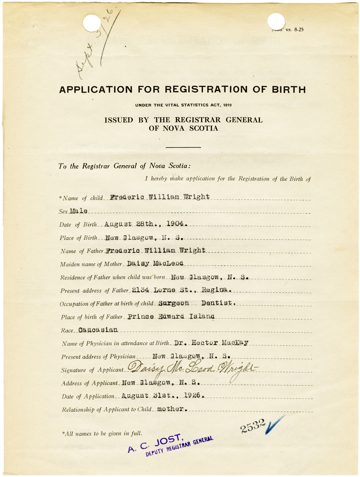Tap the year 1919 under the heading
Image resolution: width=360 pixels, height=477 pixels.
point(227,105)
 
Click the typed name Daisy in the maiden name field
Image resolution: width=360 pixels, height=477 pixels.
point(138,263)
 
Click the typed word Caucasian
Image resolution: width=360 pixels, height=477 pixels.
point(98,330)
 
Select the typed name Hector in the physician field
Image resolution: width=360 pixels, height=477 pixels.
point(204,342)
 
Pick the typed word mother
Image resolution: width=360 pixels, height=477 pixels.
point(171,409)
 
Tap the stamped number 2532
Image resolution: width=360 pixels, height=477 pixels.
point(253,426)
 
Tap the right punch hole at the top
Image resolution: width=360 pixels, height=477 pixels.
point(276,21)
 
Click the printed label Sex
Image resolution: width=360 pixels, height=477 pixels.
point(63,211)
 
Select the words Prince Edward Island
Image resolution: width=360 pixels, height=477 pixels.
point(171,316)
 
